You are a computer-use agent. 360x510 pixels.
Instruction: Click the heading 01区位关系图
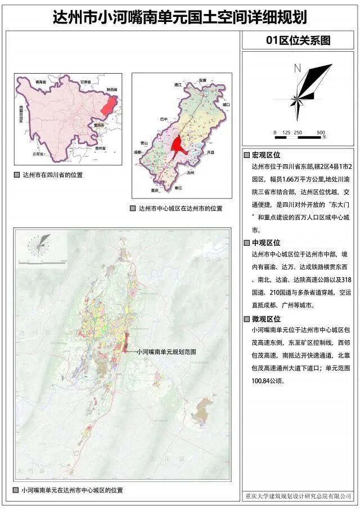tap(298, 40)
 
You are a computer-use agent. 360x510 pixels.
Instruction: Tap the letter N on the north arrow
tap(298, 69)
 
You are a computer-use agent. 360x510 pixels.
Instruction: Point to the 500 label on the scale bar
tap(321, 133)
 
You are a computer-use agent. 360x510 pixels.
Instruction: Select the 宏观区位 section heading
tap(265, 155)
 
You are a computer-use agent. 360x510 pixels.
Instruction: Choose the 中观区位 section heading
tap(265, 243)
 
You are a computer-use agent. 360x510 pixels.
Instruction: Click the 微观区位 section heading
tap(265, 319)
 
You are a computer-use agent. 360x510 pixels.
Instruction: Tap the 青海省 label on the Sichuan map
tap(39, 82)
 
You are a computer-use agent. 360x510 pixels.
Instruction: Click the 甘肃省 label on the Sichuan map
tap(86, 82)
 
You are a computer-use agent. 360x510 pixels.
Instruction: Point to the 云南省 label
tap(38, 153)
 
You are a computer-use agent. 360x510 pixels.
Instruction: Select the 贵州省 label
tap(100, 148)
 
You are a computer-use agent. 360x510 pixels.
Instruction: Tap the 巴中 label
tap(164, 119)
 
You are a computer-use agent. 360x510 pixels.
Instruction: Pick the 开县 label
tap(211, 152)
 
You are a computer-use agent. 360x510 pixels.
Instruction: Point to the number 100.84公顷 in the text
tap(267, 381)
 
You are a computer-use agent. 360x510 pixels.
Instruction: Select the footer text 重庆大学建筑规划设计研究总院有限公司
tap(298, 496)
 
